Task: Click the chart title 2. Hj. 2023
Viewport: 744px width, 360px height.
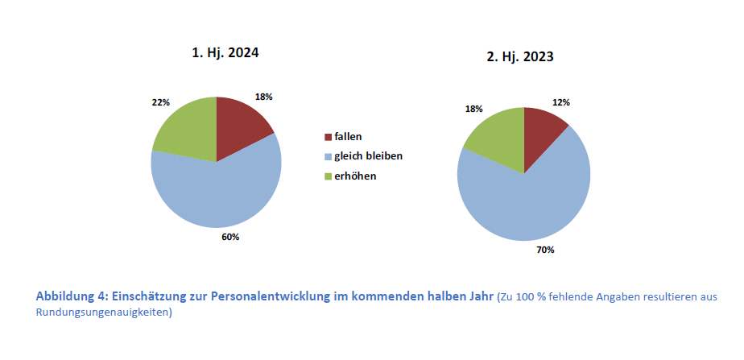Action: tap(519, 57)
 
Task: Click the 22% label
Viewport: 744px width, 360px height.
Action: tap(160, 102)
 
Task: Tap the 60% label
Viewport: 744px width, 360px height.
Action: tap(230, 237)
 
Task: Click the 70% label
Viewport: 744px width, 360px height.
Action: tap(545, 250)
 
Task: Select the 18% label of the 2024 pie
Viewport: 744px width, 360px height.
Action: tap(263, 97)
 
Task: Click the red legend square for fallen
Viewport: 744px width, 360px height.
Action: tap(328, 138)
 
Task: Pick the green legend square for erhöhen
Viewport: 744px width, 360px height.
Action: tap(328, 175)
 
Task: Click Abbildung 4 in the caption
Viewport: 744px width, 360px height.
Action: tap(71, 296)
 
